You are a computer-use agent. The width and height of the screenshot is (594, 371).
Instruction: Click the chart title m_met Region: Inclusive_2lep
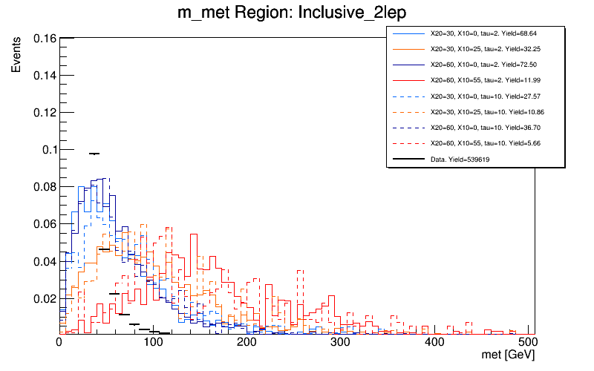pos(297,13)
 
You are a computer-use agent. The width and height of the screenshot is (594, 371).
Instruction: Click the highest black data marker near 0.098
pos(94,154)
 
